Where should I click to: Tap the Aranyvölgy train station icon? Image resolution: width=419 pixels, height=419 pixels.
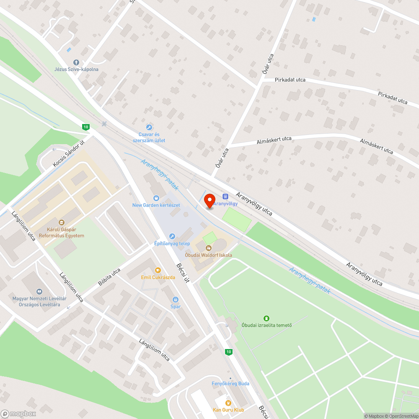coord(225,196)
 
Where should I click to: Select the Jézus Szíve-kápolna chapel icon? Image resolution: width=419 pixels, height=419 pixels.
coord(76,62)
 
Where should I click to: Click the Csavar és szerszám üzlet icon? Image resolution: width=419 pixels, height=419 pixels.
coord(148,127)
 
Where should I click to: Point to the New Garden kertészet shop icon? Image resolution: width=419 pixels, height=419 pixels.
coord(156,198)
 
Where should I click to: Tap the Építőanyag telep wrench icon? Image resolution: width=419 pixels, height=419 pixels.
coord(172,237)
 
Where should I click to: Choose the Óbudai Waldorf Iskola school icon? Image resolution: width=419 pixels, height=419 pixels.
coord(209,248)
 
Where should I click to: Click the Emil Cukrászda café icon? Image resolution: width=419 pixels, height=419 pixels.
coord(158,270)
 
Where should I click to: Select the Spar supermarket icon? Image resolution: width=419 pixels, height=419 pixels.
coord(176,300)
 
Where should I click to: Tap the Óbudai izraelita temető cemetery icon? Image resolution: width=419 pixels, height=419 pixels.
coord(266,318)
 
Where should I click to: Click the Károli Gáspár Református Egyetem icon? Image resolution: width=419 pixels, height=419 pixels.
coord(61,222)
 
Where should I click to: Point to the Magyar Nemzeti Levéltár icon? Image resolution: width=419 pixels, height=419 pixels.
coord(39,291)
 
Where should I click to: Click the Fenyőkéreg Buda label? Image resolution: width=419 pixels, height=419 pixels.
coord(230,383)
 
